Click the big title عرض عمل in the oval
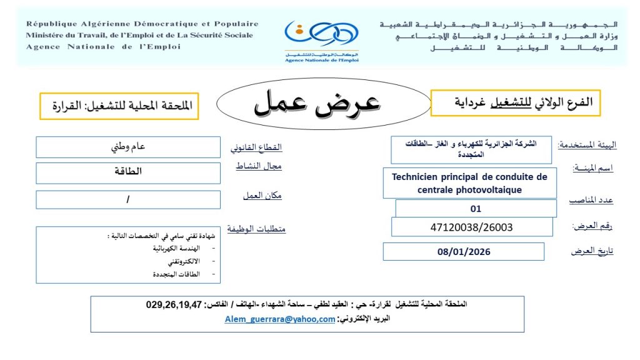point(317,104)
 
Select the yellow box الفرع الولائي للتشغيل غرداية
point(515,102)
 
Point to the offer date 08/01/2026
point(464,252)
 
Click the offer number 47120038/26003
point(472,227)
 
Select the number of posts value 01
point(476,209)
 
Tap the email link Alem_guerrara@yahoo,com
point(280,319)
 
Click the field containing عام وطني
point(128,147)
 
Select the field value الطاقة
point(128,172)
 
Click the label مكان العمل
point(262,196)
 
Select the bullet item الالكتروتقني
point(176,261)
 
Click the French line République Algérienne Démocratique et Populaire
point(142,24)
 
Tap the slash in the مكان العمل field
point(128,200)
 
